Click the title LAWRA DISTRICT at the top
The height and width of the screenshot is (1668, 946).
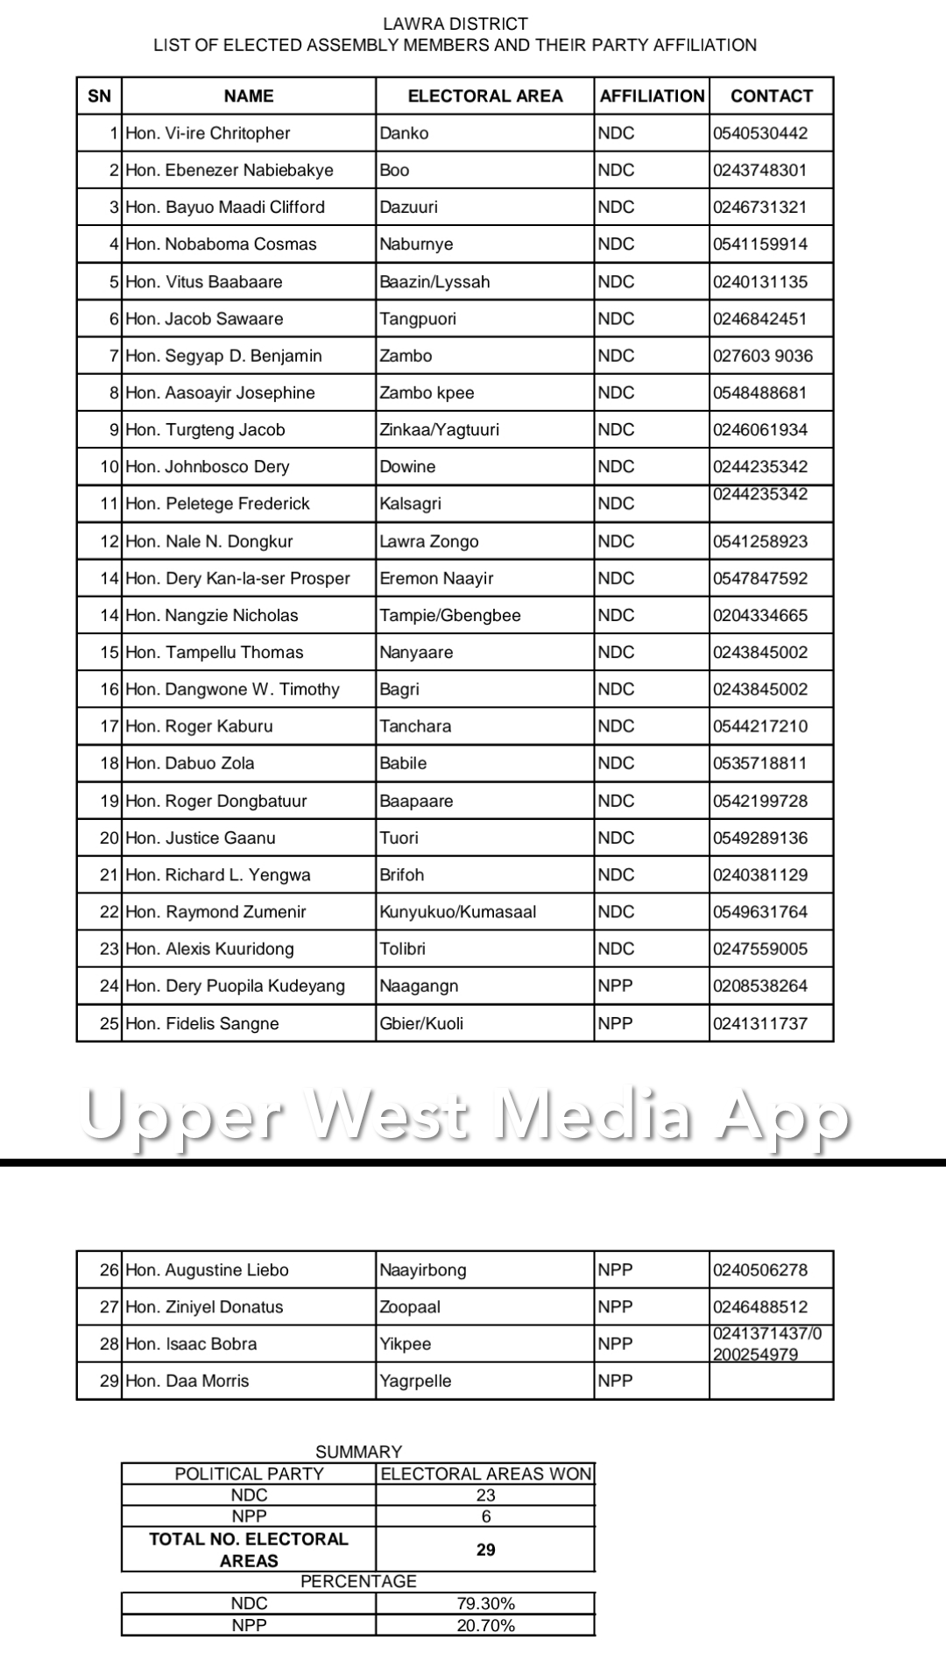(455, 24)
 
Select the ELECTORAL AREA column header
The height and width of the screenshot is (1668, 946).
(484, 96)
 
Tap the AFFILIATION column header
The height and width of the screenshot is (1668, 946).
(652, 96)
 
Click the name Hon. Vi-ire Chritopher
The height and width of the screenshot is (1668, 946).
(208, 133)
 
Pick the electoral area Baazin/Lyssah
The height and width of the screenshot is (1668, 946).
(434, 282)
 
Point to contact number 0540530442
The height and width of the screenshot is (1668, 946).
(759, 133)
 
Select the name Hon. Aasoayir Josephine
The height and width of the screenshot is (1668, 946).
(220, 392)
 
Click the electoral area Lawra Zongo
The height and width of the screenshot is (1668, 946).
(428, 541)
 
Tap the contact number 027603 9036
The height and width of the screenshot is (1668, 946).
(762, 356)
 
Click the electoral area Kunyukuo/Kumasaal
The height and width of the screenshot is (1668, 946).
(457, 912)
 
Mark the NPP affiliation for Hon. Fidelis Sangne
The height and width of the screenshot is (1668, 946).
(615, 1023)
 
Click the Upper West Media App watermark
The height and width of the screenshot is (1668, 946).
(464, 1114)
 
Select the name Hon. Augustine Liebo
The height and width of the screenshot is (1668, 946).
(207, 1270)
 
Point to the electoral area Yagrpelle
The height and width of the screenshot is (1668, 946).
(415, 1381)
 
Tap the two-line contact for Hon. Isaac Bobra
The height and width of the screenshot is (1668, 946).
(767, 1344)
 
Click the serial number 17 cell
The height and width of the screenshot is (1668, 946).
(109, 726)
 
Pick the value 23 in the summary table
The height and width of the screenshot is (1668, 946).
(485, 1495)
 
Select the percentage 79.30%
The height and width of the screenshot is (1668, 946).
(485, 1604)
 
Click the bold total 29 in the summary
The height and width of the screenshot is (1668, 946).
(485, 1550)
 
